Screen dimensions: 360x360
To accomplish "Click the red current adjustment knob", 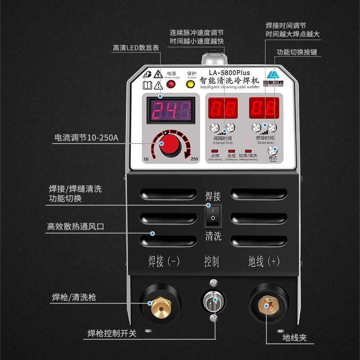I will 170,144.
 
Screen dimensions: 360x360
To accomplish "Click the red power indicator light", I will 171,84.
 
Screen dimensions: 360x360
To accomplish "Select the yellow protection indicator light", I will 191,84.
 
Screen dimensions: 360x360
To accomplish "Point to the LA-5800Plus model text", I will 229,72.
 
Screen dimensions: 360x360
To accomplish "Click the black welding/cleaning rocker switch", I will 213,216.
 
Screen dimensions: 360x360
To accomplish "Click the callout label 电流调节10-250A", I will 86,138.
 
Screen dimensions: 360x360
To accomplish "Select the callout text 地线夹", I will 294,337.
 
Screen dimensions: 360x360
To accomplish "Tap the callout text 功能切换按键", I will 297,52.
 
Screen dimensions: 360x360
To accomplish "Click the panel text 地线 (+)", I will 264,261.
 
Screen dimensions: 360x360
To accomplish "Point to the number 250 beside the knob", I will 194,159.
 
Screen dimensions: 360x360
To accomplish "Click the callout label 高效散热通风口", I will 75,227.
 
